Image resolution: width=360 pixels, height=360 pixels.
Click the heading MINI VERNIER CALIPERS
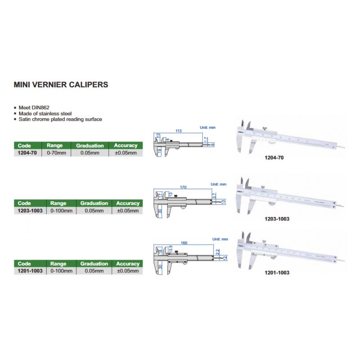(x=61, y=84)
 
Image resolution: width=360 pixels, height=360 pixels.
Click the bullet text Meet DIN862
(x=34, y=108)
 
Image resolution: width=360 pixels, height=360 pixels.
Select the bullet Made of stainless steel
(x=45, y=114)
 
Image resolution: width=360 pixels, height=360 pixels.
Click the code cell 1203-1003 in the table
(x=29, y=211)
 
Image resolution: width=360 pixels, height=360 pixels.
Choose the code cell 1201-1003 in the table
(x=29, y=271)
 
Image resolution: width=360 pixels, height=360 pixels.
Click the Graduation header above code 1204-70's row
(x=90, y=146)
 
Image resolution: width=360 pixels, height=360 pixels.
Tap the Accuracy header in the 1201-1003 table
(x=128, y=264)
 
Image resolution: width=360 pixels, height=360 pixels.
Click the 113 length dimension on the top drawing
(x=178, y=131)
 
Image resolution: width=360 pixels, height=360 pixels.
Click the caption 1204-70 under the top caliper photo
(x=274, y=158)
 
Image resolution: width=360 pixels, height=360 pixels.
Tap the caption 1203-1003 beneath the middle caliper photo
(x=277, y=219)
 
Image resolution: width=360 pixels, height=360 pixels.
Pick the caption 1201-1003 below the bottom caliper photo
(x=277, y=273)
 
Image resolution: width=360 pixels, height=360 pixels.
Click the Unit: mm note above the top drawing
(x=207, y=128)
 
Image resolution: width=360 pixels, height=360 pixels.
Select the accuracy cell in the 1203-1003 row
(x=128, y=211)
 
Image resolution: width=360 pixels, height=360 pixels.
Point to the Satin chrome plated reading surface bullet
(x=60, y=120)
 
